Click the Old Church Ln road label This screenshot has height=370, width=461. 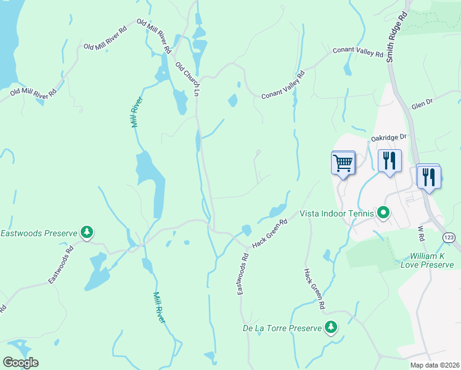pos(187,78)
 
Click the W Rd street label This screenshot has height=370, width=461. pos(422,233)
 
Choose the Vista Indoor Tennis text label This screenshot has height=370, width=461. pos(337,213)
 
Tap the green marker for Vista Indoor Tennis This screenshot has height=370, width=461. pos(383,213)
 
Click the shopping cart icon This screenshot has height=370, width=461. pos(343,163)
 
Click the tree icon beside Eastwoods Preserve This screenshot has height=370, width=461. pos(88,232)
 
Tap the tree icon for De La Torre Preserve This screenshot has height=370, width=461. pos(332,327)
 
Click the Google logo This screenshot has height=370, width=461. pos(20,363)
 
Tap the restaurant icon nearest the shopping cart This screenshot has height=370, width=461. pos(390,162)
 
